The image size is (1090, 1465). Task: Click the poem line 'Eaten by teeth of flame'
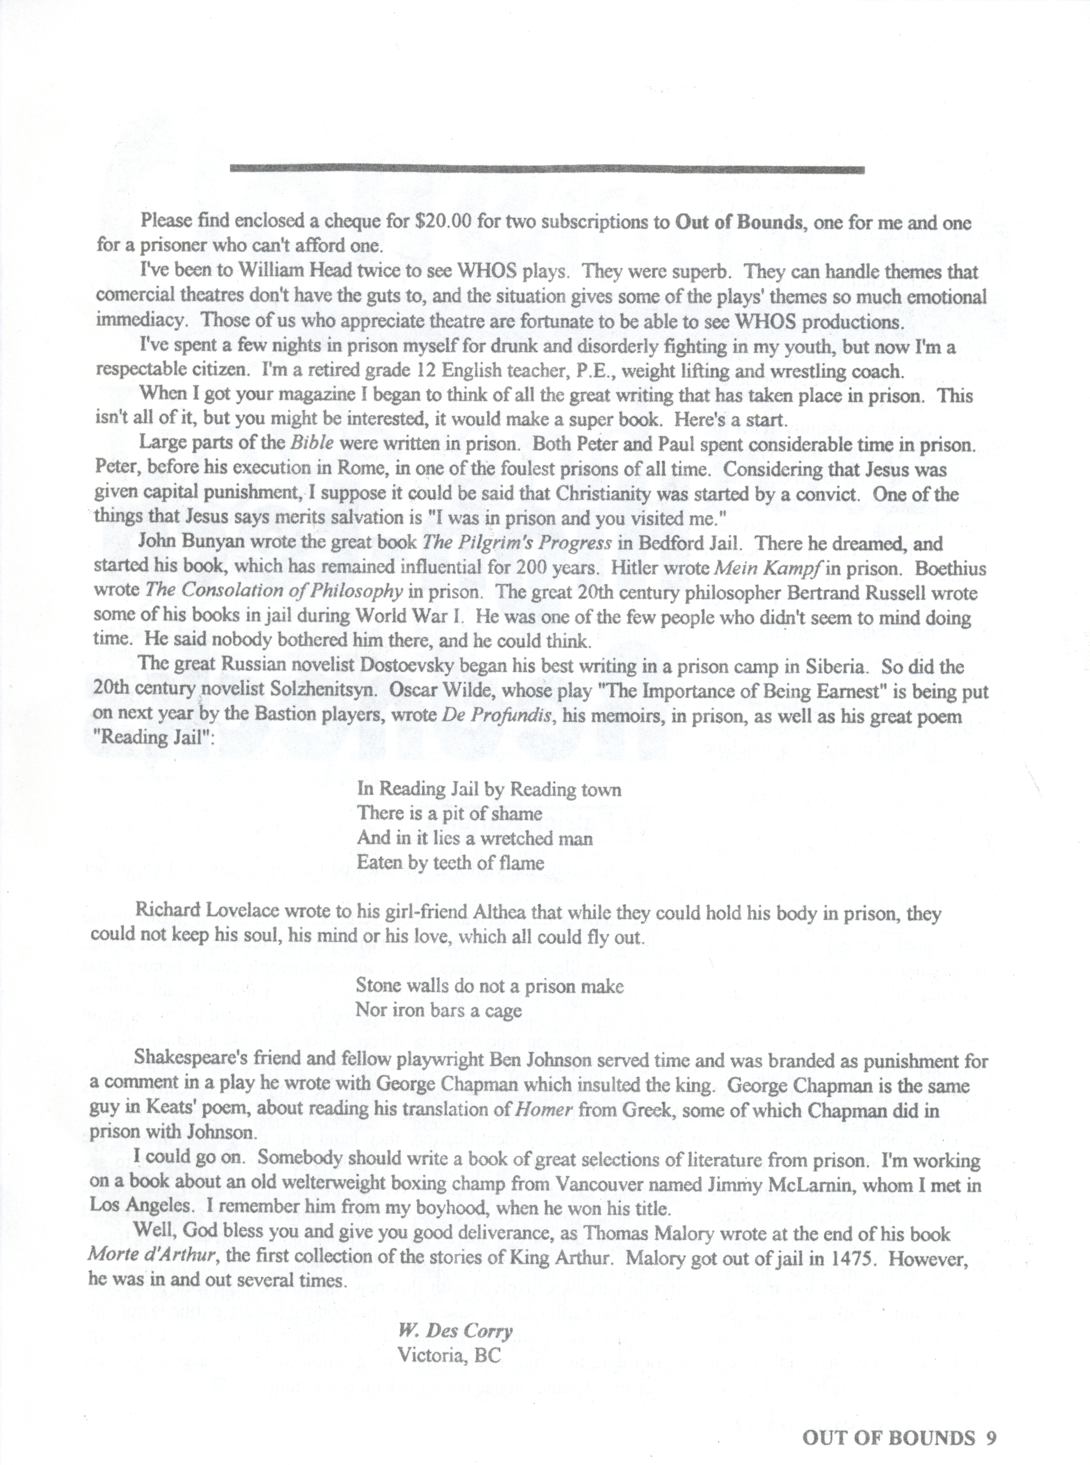451,863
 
